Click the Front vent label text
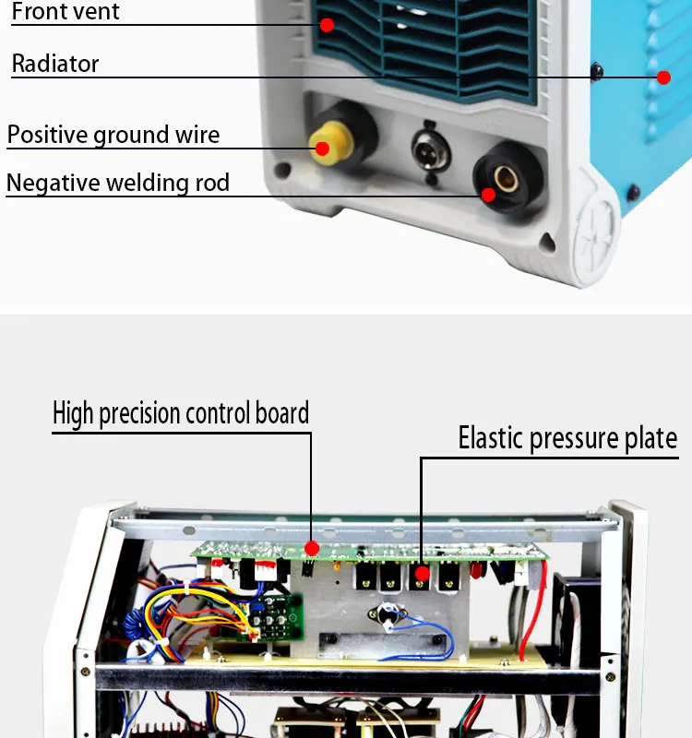pos(66,13)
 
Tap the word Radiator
pos(55,64)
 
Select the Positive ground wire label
pos(113,136)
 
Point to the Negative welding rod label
pos(117,183)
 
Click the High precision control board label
pos(181,412)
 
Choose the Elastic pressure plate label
pos(567,438)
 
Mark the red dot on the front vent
pos(327,25)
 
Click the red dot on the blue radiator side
pos(663,77)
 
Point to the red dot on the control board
pos(312,548)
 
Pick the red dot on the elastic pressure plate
pos(422,574)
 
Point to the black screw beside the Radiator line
pos(597,71)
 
